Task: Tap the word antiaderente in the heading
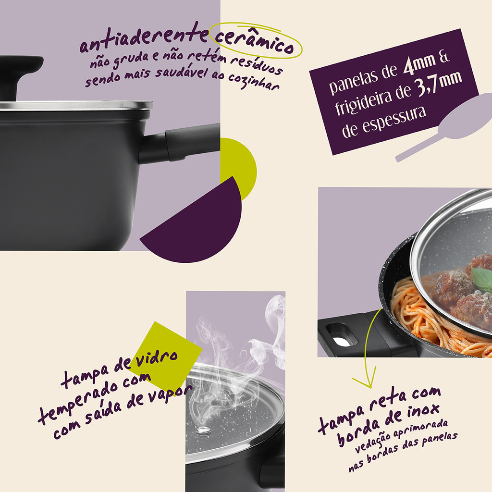point(144,37)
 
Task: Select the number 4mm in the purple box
point(419,64)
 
